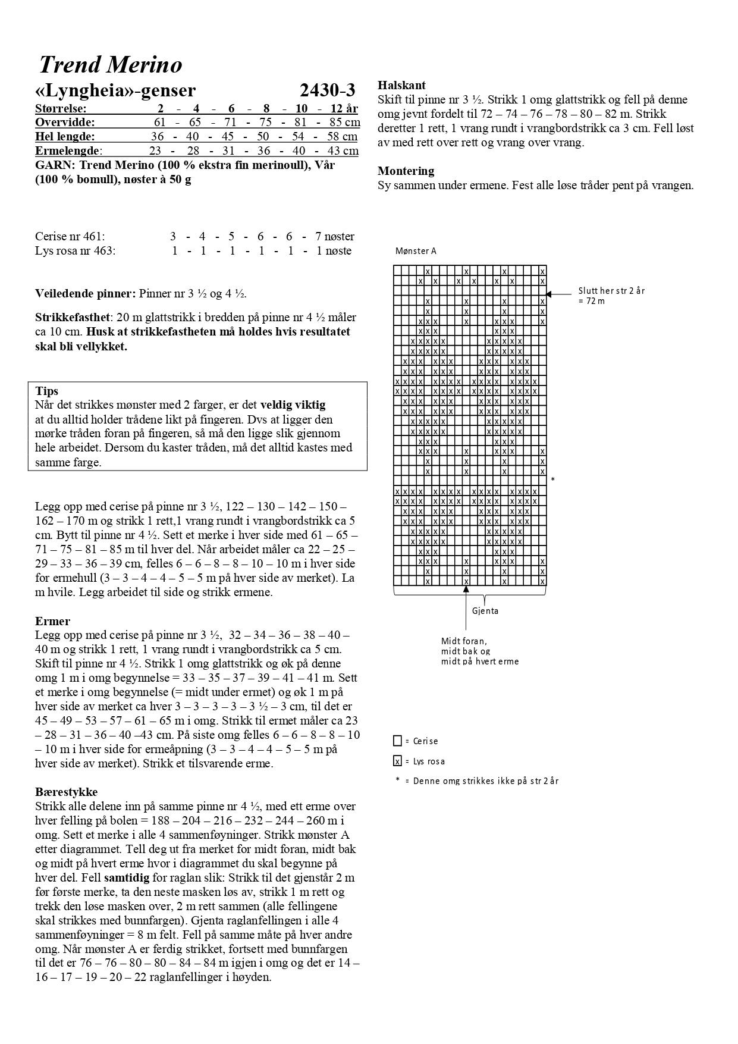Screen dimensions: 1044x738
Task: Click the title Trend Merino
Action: pyautogui.click(x=111, y=65)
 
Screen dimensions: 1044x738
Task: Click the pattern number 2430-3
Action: pyautogui.click(x=327, y=90)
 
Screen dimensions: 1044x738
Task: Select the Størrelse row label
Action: pyautogui.click(x=61, y=108)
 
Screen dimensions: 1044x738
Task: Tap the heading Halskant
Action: pyautogui.click(x=401, y=85)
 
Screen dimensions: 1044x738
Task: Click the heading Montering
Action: pyautogui.click(x=406, y=171)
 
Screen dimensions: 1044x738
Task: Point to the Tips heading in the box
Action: pyautogui.click(x=47, y=391)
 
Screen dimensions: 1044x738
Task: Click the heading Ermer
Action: pyautogui.click(x=52, y=621)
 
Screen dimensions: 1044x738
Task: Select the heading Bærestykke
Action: pyautogui.click(x=66, y=792)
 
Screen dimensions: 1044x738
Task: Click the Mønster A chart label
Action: pyautogui.click(x=416, y=251)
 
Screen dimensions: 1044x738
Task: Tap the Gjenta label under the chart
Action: pyautogui.click(x=485, y=611)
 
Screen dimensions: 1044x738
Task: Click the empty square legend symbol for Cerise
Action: pyautogui.click(x=397, y=741)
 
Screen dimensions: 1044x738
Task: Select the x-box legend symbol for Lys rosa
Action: pyautogui.click(x=397, y=761)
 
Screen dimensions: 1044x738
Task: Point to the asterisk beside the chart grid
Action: pyautogui.click(x=553, y=479)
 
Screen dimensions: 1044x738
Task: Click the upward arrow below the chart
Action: pyautogui.click(x=466, y=589)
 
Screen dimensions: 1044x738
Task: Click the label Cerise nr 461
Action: pyautogui.click(x=70, y=236)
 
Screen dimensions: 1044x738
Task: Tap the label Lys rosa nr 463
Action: pyautogui.click(x=75, y=250)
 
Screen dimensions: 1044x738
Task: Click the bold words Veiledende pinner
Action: pyautogui.click(x=85, y=293)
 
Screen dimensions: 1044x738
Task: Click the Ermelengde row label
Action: pyautogui.click(x=68, y=151)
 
